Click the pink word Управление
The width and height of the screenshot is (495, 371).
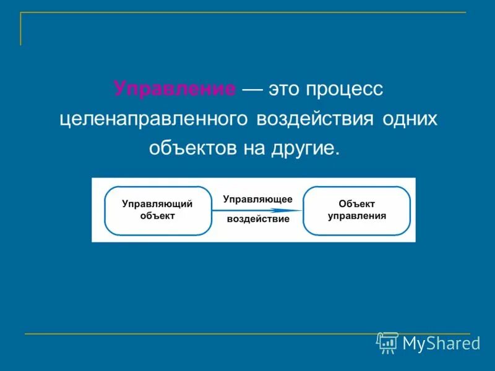coord(174,88)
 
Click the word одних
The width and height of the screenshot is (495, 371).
coord(410,119)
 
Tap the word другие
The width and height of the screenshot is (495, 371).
coord(303,149)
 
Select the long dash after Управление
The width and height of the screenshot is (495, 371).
coord(252,89)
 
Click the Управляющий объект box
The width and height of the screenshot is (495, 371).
coord(157,210)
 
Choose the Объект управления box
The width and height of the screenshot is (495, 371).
coord(356,210)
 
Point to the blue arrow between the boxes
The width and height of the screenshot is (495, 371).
coord(257,210)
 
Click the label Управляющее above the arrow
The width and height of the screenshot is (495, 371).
coord(257,199)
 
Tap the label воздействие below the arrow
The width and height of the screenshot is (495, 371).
coord(257,220)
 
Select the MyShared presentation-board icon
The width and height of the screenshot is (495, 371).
coord(388,342)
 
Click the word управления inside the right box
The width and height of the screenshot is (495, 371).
coord(357,216)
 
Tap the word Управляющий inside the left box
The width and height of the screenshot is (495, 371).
coord(157,203)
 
